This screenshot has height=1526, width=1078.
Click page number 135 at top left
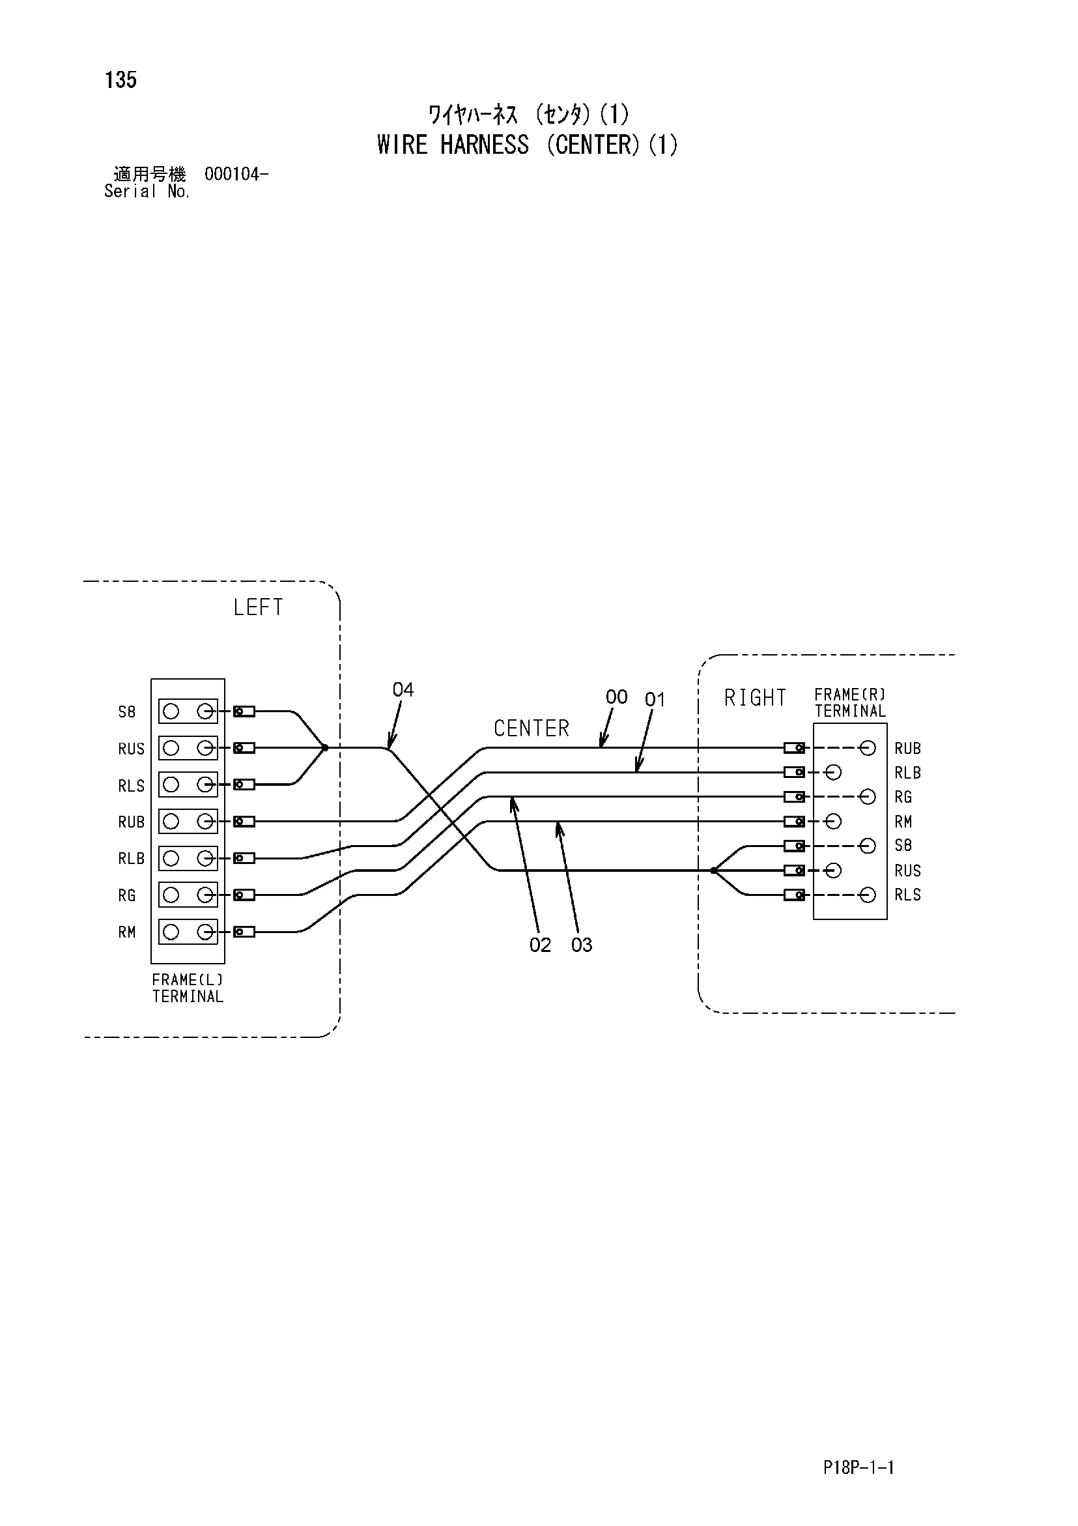[121, 79]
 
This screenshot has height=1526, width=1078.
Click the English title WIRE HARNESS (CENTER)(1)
[527, 144]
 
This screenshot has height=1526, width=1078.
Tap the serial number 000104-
[236, 174]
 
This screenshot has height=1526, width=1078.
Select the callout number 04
[403, 690]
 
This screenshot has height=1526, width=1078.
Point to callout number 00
[616, 697]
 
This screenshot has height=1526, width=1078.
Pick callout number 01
[655, 699]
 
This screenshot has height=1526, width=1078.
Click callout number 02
[541, 945]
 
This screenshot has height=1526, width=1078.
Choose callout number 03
[582, 945]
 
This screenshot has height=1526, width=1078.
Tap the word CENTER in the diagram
[531, 728]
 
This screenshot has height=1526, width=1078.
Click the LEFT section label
[258, 607]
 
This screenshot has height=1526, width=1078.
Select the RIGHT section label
[755, 698]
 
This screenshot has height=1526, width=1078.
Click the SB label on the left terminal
[127, 712]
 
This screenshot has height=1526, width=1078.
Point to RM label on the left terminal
[127, 932]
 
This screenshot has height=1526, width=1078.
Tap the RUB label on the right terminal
[907, 749]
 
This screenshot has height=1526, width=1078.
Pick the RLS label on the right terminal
[907, 895]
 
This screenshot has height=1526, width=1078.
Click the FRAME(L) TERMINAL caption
[188, 988]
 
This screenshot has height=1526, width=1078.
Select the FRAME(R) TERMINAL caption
[850, 702]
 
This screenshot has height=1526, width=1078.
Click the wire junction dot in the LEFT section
[325, 748]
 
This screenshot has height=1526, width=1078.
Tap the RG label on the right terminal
[903, 797]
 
